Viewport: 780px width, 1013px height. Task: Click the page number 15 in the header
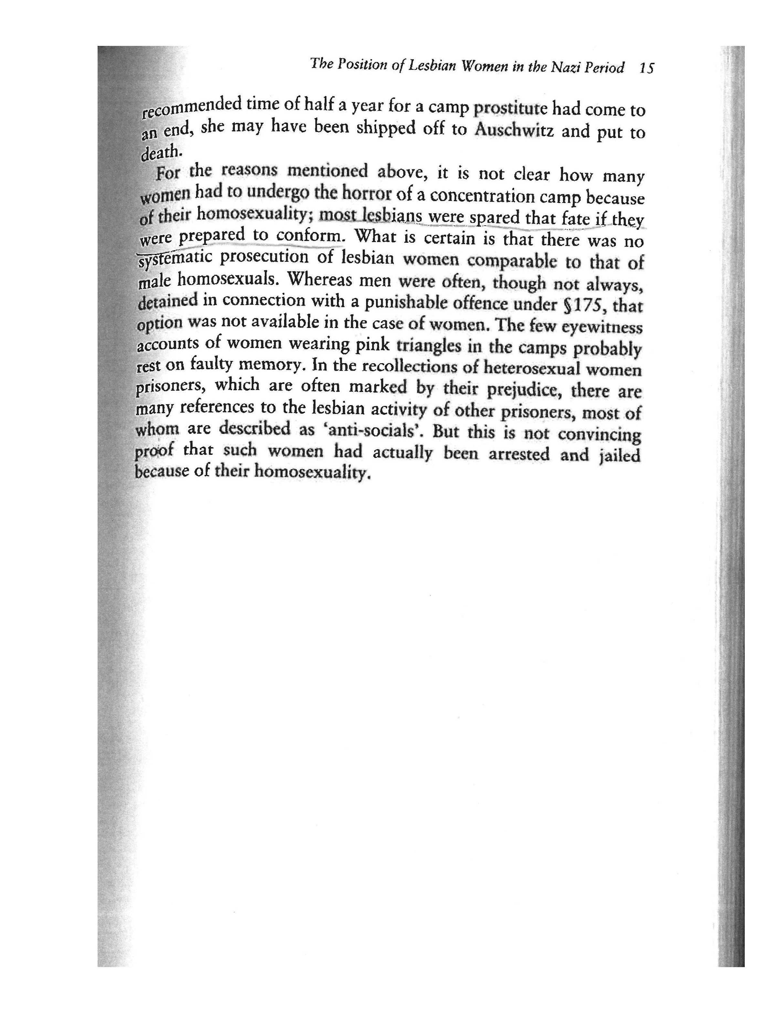point(646,69)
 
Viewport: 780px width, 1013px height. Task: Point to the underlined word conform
point(310,236)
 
